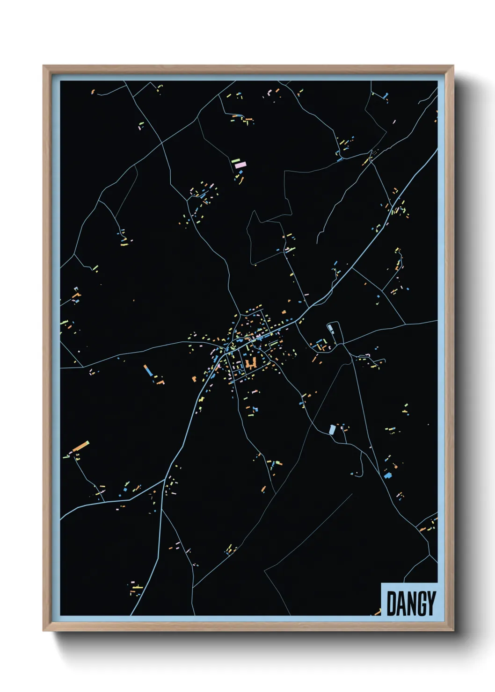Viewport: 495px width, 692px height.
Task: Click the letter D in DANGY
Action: (x=391, y=603)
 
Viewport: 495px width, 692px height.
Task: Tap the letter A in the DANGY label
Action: (x=400, y=603)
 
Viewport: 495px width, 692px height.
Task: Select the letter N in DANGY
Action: (x=410, y=603)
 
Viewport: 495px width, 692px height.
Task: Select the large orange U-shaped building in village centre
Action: (x=251, y=363)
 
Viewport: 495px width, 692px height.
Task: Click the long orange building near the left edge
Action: (x=80, y=446)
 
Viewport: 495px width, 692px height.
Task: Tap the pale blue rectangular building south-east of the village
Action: (x=332, y=429)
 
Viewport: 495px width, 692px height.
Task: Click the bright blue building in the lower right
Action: (x=388, y=476)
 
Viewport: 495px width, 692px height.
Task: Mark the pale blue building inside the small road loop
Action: (x=332, y=328)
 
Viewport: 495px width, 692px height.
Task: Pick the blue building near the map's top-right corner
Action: (x=386, y=96)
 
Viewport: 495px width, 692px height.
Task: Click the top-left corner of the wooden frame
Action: (x=44, y=66)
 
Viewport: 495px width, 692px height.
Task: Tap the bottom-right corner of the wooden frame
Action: (x=452, y=630)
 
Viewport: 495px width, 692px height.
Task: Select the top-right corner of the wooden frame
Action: (x=452, y=66)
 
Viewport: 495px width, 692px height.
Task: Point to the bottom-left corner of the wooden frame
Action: (x=44, y=630)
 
